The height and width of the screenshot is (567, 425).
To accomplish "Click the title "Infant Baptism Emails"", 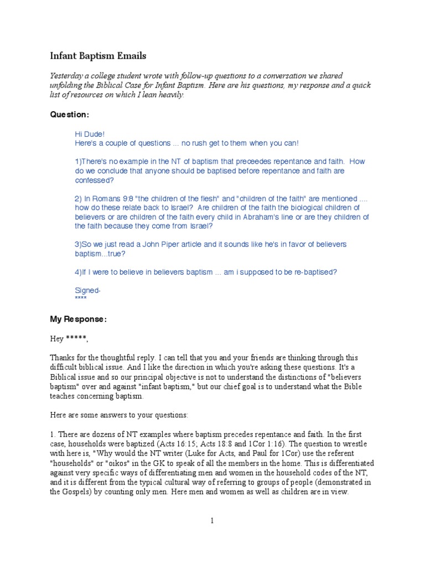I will (98, 56).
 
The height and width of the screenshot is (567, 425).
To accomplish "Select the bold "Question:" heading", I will (69, 115).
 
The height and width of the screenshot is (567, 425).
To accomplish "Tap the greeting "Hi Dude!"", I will (90, 134).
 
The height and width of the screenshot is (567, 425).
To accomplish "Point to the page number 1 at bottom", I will (211, 520).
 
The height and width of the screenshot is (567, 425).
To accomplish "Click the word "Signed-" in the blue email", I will (87, 290).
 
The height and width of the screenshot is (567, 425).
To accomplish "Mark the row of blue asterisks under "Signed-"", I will (81, 299).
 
